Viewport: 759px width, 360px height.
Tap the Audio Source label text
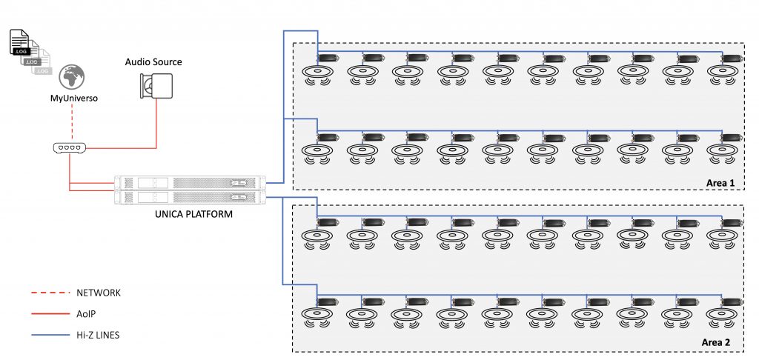tap(153, 61)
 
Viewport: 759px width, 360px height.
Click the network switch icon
tap(70, 147)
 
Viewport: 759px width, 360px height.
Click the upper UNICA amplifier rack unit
tap(190, 183)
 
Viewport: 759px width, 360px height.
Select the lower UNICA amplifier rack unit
tap(190, 197)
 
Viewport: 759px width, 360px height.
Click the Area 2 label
tap(717, 343)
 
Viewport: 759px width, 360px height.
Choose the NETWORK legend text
tap(99, 293)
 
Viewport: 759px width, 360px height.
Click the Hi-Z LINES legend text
tap(99, 335)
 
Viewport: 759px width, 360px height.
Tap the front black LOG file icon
tap(20, 44)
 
